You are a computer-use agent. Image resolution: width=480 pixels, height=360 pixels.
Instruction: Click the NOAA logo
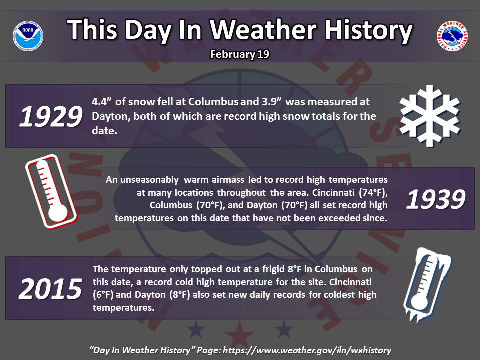tap(28, 36)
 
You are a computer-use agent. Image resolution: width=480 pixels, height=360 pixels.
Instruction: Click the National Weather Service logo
tap(452, 36)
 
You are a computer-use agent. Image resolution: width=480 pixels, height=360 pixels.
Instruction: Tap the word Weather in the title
tap(263, 30)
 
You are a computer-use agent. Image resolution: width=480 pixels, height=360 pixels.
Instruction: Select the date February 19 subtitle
tap(239, 54)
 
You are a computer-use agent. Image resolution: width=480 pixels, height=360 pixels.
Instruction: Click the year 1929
tap(51, 116)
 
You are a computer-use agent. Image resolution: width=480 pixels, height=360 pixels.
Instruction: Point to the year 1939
tap(436, 199)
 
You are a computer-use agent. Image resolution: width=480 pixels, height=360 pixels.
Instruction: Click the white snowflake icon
tap(430, 116)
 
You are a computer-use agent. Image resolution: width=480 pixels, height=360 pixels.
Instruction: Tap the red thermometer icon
tap(51, 191)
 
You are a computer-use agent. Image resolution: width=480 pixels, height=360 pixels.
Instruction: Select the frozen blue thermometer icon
tap(427, 285)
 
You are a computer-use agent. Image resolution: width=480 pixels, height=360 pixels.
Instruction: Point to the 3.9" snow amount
tap(271, 101)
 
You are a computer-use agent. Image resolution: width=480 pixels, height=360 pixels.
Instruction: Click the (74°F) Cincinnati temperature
tap(373, 193)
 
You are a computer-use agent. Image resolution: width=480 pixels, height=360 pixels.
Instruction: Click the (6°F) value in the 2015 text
tap(103, 295)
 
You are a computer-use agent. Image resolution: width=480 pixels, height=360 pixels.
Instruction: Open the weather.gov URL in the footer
tap(307, 350)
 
